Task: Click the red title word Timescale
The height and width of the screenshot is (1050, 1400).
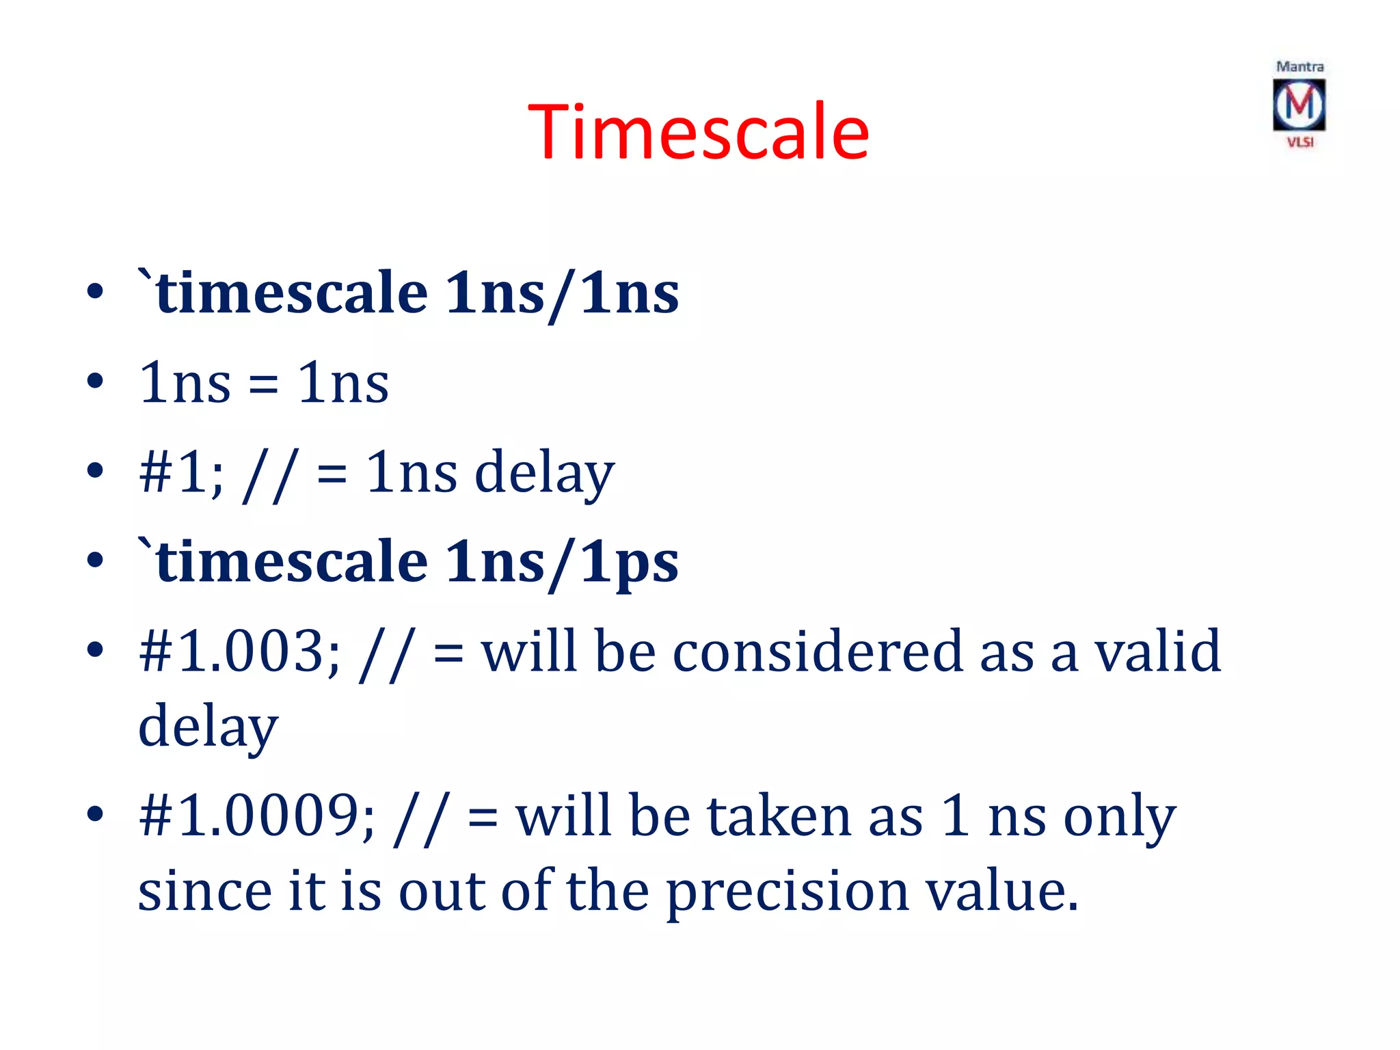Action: (698, 131)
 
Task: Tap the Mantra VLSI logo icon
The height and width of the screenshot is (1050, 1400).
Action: (1299, 105)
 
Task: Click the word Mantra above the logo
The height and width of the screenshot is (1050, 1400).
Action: (1300, 67)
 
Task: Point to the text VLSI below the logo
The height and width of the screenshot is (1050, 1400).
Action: (1300, 142)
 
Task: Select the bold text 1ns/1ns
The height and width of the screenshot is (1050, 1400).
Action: (562, 293)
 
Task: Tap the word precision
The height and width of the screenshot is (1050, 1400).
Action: (787, 891)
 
